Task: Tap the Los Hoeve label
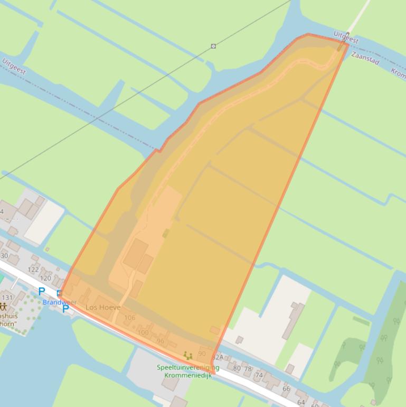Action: [103, 307]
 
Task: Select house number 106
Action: [129, 318]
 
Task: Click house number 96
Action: [160, 341]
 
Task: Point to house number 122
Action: [33, 270]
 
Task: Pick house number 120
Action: [46, 278]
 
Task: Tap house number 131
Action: [7, 298]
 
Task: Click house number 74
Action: [259, 375]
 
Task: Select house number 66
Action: [286, 389]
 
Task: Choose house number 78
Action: [248, 368]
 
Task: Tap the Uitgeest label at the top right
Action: [346, 37]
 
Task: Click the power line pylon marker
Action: [213, 46]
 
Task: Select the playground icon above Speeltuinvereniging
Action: [187, 356]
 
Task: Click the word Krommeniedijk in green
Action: [188, 375]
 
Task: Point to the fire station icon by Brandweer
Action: [59, 293]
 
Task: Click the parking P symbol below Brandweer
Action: [65, 309]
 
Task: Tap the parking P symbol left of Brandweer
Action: [42, 291]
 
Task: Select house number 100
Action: [143, 332]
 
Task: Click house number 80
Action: [237, 368]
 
